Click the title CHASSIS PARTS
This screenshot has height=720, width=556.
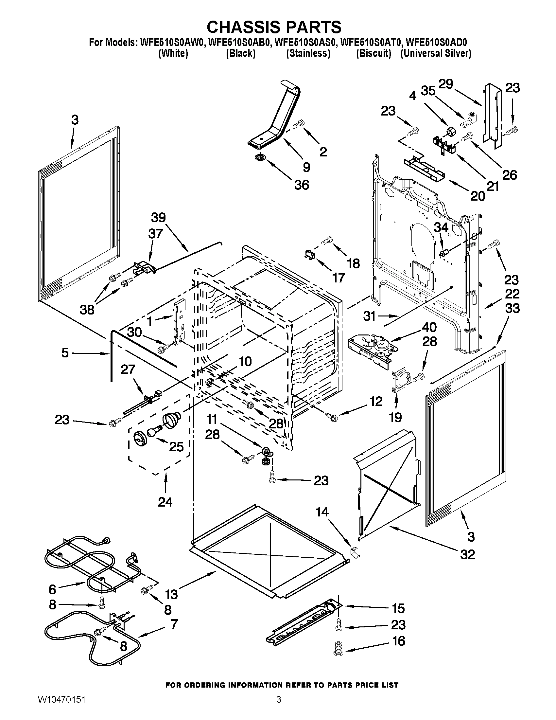click(274, 27)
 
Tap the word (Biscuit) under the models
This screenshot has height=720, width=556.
click(374, 53)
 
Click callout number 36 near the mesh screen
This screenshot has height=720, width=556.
click(302, 185)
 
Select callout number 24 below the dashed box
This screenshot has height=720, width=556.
click(165, 502)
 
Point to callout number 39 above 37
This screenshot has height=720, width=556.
click(158, 218)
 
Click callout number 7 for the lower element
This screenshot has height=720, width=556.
click(174, 624)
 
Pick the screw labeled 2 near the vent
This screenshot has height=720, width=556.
click(298, 125)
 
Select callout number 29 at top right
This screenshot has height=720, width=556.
click(446, 84)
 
